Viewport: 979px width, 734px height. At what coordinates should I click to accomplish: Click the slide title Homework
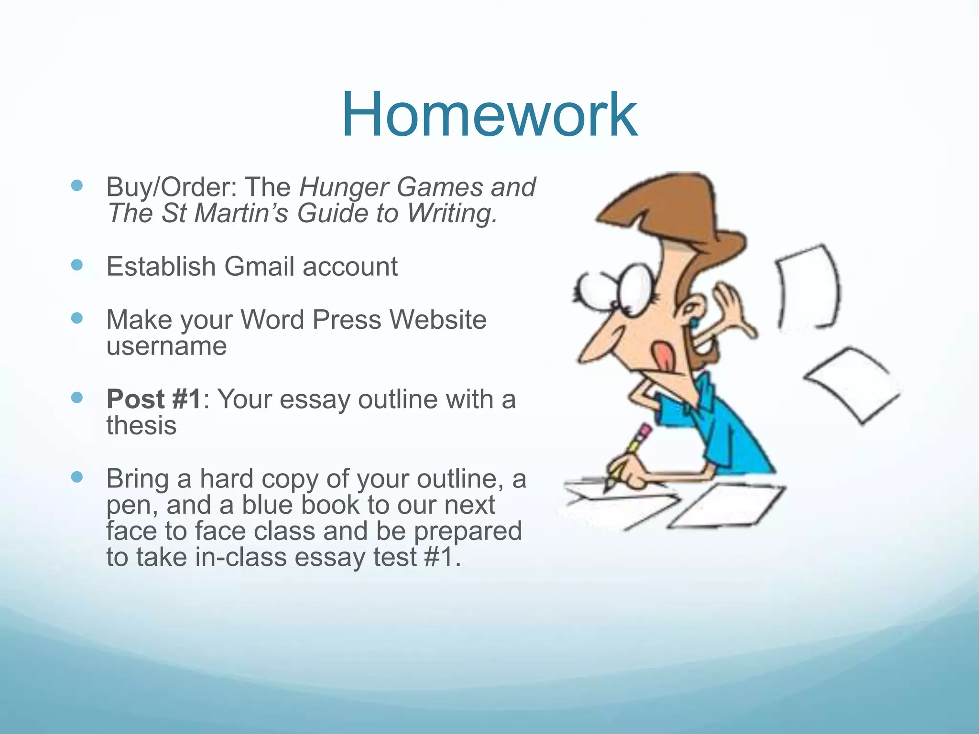coord(489,115)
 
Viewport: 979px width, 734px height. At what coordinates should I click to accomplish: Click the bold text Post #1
coord(153,399)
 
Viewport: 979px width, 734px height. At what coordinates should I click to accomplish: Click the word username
coord(166,346)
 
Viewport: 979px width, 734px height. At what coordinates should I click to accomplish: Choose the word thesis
coord(141,425)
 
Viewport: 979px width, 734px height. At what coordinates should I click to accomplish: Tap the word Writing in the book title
coord(452,213)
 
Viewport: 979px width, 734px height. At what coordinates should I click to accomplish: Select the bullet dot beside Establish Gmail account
coord(76,265)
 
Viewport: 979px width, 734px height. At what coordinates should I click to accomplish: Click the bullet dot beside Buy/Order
coord(76,185)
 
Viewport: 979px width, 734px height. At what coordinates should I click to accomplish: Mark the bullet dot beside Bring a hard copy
coord(76,477)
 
